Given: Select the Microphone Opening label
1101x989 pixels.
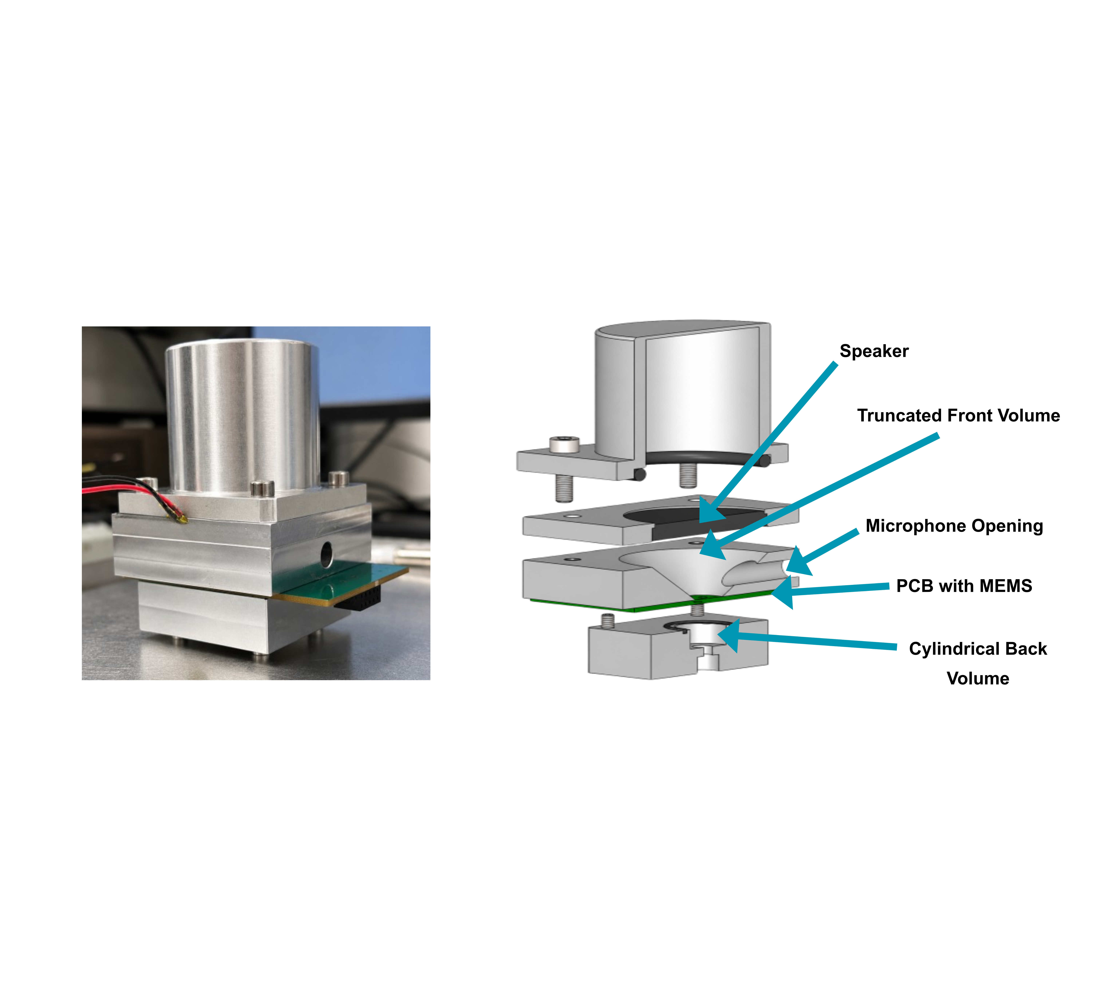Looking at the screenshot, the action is click(x=954, y=526).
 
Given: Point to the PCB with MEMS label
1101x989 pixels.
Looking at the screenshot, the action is click(x=964, y=586).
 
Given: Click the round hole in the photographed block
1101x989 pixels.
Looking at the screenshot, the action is click(x=326, y=553).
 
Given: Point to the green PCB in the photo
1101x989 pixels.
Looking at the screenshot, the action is click(x=340, y=581).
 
